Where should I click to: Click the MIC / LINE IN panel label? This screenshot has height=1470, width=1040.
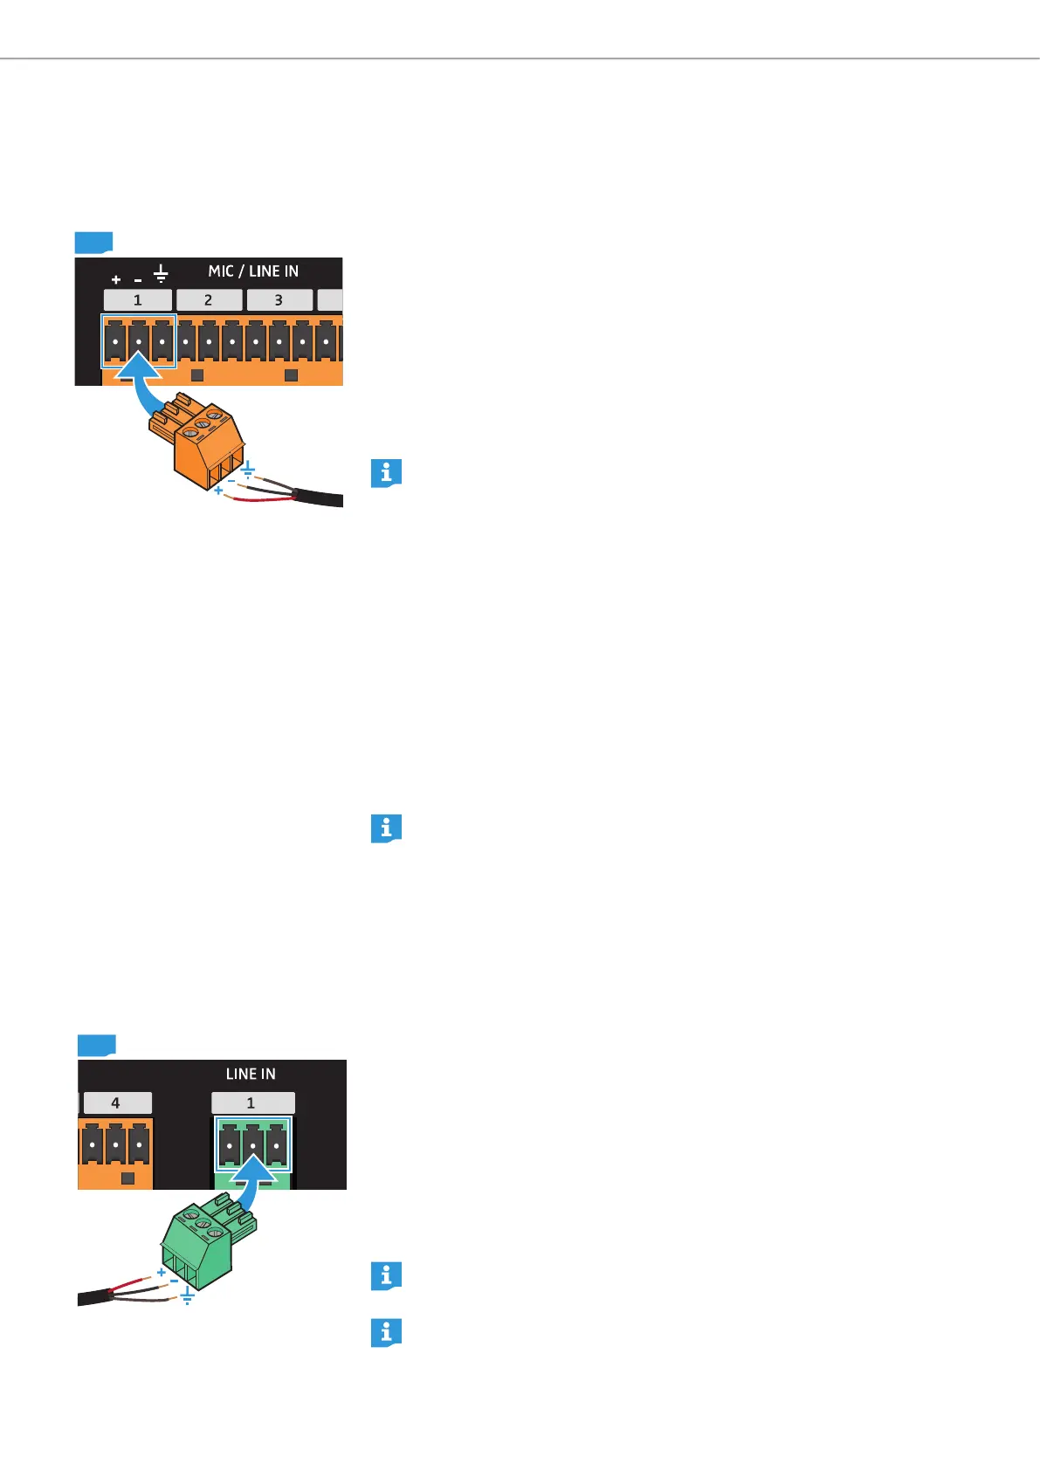(x=253, y=271)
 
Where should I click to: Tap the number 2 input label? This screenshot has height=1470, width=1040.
(x=209, y=300)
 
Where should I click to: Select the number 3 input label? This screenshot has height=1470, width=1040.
(x=279, y=300)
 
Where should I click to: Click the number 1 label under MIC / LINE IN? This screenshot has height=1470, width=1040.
(x=138, y=300)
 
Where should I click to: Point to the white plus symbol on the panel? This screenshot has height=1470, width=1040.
(x=116, y=280)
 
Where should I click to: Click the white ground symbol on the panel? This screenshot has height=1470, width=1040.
(x=161, y=275)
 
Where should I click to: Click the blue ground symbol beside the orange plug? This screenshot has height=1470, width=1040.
(x=248, y=470)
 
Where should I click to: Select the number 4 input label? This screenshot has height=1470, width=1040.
(x=115, y=1103)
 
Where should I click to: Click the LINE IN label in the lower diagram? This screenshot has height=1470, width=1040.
(x=251, y=1075)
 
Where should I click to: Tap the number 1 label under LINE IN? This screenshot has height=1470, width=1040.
(x=251, y=1103)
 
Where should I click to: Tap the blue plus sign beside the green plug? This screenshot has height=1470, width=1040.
(x=162, y=1274)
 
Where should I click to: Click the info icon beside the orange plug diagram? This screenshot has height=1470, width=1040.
(x=386, y=473)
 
